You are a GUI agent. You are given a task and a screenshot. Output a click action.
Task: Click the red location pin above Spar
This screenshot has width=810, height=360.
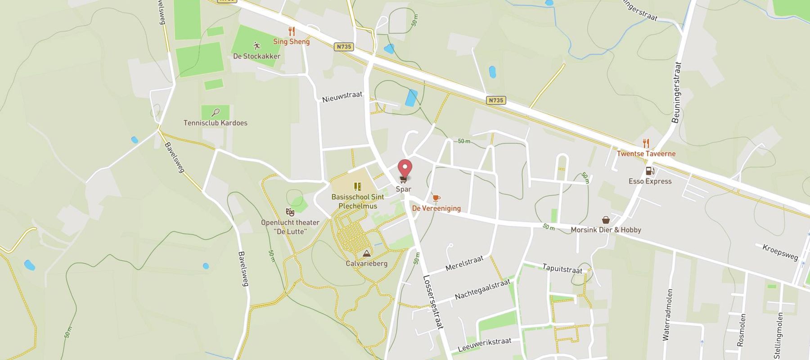[405, 168]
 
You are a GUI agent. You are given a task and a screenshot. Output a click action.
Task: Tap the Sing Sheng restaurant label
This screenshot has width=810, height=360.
[292, 41]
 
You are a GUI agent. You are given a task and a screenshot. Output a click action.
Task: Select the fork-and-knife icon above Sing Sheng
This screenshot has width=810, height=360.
[292, 31]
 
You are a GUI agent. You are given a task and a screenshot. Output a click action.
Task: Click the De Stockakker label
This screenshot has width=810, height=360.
[256, 56]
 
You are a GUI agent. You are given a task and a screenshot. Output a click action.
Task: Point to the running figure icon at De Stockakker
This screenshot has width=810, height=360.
[256, 45]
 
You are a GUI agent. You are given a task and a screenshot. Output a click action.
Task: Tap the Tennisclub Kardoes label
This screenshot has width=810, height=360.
[215, 123]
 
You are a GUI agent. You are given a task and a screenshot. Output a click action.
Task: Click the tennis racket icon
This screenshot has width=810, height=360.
[216, 112]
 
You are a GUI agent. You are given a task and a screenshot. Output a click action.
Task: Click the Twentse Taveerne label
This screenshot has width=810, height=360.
[646, 153]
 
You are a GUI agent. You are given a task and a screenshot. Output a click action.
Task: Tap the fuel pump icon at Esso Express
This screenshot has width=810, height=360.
[649, 171]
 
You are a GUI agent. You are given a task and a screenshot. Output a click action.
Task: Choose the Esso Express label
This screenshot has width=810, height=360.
[650, 181]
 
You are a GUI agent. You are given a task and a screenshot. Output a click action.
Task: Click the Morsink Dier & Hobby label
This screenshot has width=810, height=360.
[606, 230]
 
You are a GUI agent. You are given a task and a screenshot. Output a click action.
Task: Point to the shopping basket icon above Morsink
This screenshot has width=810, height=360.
[606, 220]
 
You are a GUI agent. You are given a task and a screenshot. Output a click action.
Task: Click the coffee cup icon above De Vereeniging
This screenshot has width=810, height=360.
[436, 198]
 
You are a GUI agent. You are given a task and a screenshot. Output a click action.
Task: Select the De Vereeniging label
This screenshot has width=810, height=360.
[436, 208]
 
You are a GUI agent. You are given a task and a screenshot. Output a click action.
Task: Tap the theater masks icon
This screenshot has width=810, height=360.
[290, 211]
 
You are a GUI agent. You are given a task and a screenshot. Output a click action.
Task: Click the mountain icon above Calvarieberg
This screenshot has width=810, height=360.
[366, 253]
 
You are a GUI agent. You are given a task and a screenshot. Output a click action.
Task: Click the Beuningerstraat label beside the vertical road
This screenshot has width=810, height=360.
[676, 92]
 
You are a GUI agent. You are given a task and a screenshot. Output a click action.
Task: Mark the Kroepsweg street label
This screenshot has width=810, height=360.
[780, 252]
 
